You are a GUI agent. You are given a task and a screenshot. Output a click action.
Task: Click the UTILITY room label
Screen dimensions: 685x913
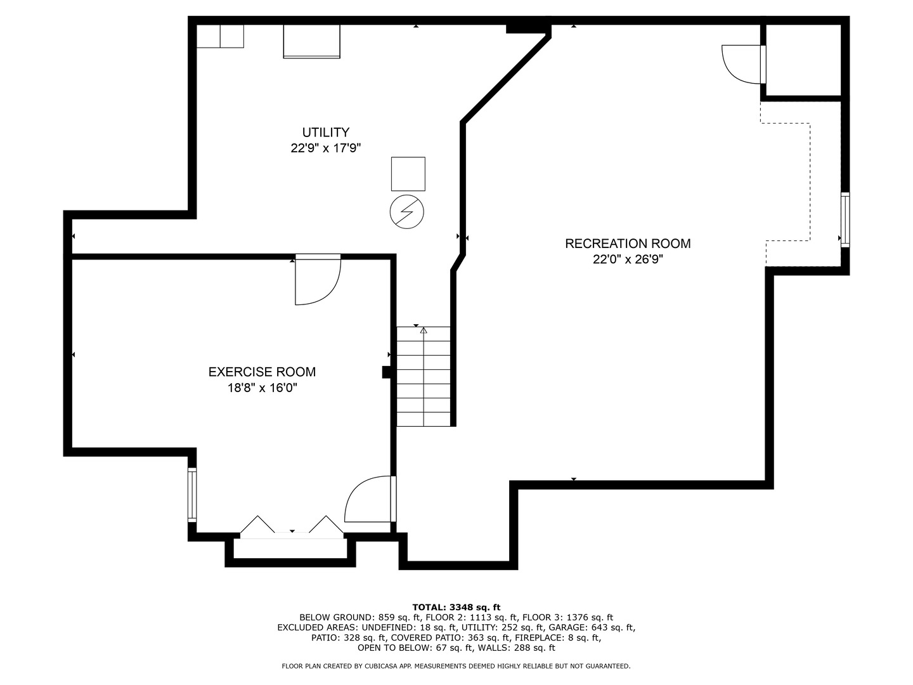pos(325,133)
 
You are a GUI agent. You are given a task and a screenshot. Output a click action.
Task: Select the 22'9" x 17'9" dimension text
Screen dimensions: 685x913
pos(325,148)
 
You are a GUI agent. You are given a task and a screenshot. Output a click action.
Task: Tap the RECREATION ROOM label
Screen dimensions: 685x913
pos(628,244)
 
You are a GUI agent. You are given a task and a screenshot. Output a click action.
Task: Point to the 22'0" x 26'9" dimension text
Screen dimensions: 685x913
pos(628,259)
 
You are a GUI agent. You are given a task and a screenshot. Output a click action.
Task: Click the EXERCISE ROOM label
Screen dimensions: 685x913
pos(262,372)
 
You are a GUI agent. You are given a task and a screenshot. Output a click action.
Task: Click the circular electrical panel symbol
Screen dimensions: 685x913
pos(406,211)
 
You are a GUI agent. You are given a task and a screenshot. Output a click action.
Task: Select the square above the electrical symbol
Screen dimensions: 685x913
pos(408,174)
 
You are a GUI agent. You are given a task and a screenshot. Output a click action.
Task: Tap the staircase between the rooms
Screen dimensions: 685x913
pos(424,377)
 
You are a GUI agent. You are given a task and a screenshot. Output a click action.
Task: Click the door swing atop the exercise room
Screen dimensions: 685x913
pos(317,279)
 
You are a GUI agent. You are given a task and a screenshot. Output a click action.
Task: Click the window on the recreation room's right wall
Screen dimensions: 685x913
pos(845,219)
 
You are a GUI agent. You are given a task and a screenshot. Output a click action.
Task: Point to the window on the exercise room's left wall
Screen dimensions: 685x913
pos(191,495)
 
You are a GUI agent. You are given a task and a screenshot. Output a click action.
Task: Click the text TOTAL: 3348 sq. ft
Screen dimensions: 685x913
pos(456,607)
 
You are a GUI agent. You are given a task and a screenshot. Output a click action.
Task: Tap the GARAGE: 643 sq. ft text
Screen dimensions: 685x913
pos(597,627)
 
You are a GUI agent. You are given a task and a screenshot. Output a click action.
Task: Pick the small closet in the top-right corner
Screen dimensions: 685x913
pos(803,60)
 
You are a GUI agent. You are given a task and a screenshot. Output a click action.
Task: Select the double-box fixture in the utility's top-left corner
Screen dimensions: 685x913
pos(219,36)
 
